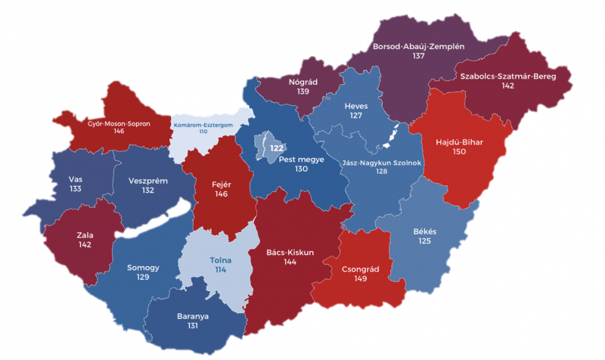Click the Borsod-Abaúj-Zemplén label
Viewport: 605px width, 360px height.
click(418, 46)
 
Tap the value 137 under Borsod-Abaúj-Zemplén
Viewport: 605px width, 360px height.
click(418, 57)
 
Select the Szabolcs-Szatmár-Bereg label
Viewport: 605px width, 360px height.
click(507, 76)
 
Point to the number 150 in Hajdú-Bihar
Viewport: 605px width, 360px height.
click(459, 152)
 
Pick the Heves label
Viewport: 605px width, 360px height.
click(355, 106)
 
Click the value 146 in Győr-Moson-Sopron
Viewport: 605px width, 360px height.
click(119, 131)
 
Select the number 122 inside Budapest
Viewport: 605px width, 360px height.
click(277, 149)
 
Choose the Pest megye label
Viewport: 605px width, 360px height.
click(302, 160)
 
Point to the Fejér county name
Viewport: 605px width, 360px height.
click(221, 183)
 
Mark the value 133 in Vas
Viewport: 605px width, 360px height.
click(75, 190)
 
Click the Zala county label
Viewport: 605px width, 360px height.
click(85, 234)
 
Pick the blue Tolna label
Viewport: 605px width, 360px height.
click(221, 260)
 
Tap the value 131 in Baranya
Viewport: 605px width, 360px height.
click(192, 326)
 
